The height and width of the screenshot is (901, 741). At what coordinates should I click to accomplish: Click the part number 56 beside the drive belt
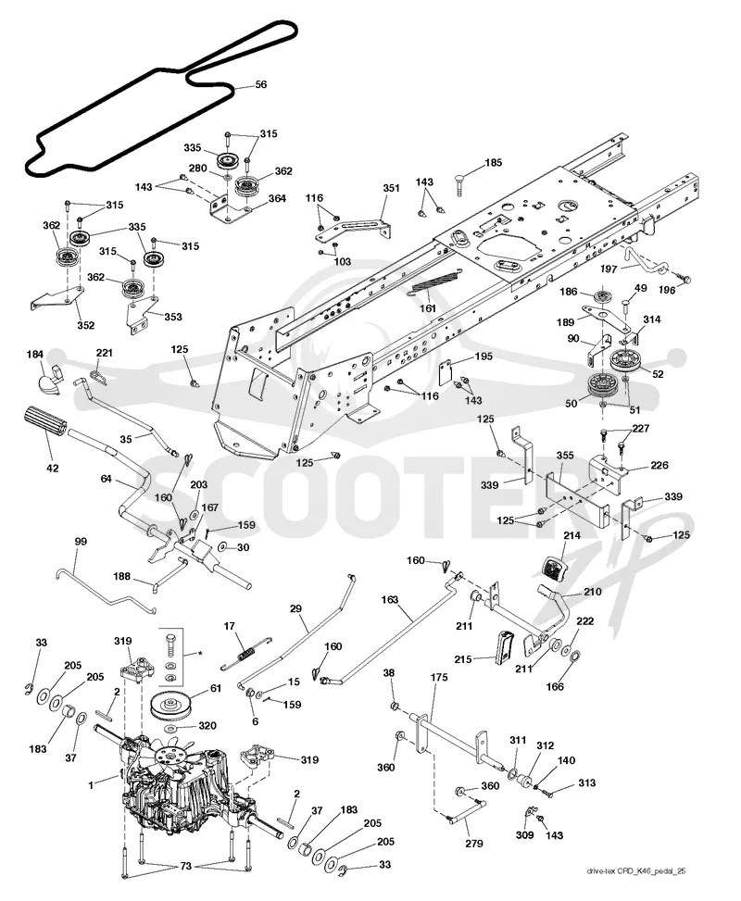click(260, 84)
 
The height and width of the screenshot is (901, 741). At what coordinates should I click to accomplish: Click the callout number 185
click(494, 163)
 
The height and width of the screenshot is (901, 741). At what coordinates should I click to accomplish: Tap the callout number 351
click(391, 187)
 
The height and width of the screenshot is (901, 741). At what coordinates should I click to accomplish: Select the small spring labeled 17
click(247, 653)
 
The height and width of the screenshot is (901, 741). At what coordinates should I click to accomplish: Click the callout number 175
click(439, 678)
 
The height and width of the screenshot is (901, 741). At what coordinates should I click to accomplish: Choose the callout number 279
click(473, 844)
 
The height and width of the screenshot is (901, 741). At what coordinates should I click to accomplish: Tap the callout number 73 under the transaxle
click(185, 866)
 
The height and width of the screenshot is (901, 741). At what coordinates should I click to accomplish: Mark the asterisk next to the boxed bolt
click(200, 654)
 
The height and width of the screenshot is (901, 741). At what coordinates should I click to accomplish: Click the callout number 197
click(609, 269)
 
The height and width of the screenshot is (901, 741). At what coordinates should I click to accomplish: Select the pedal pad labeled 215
click(504, 647)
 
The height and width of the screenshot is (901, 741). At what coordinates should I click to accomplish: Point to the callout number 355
click(565, 456)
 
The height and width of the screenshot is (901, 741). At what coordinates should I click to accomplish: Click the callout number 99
click(82, 542)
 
